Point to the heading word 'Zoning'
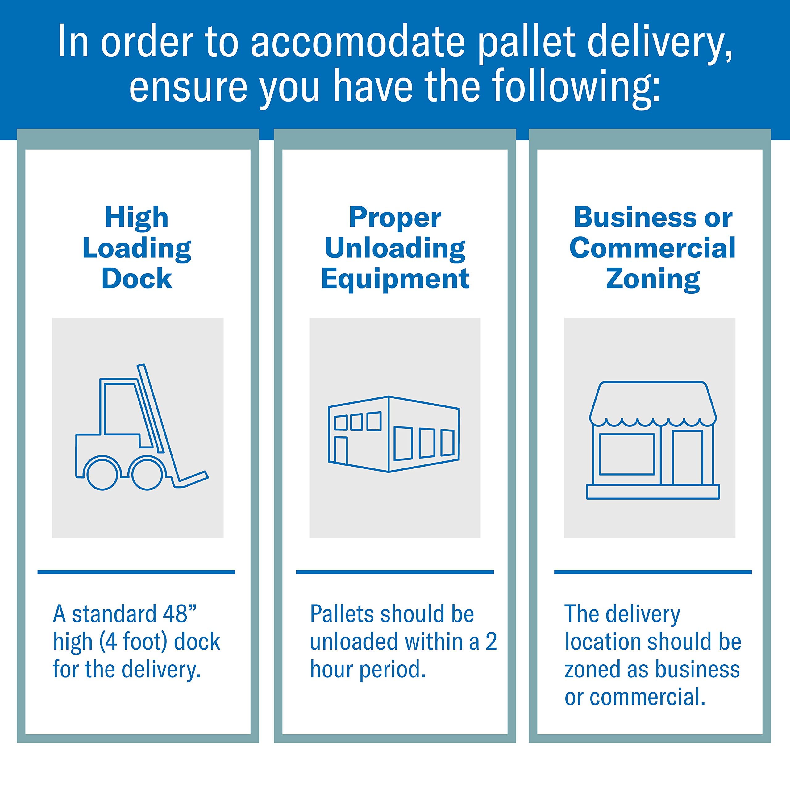click(x=653, y=279)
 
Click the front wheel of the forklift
click(x=147, y=474)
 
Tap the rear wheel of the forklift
click(x=102, y=474)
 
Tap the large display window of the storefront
click(x=626, y=454)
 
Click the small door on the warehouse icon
click(x=341, y=450)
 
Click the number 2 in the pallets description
click(x=491, y=642)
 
